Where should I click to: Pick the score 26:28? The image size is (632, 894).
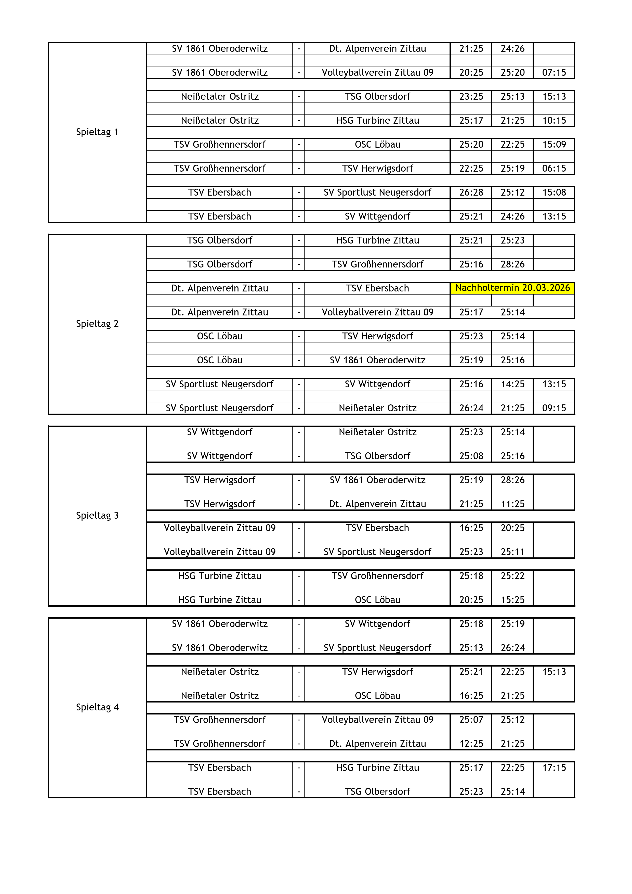[x=471, y=192]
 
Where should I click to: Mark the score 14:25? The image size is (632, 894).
[x=512, y=384]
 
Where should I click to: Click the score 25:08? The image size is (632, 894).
[x=471, y=456]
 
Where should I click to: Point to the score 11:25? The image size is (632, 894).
[x=512, y=504]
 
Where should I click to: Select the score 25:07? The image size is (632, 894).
[x=471, y=720]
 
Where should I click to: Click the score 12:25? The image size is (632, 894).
[x=471, y=744]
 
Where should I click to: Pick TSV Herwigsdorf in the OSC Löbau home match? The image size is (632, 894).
[x=377, y=336]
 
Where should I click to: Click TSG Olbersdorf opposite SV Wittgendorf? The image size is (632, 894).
[x=377, y=456]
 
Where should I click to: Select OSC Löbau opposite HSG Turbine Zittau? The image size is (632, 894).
[x=377, y=600]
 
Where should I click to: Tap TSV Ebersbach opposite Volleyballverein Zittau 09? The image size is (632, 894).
[x=377, y=528]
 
